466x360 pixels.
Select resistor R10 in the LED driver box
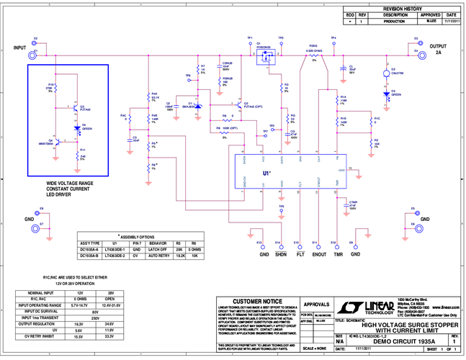[x=58, y=88]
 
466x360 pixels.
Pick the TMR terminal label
[x=333, y=254]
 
